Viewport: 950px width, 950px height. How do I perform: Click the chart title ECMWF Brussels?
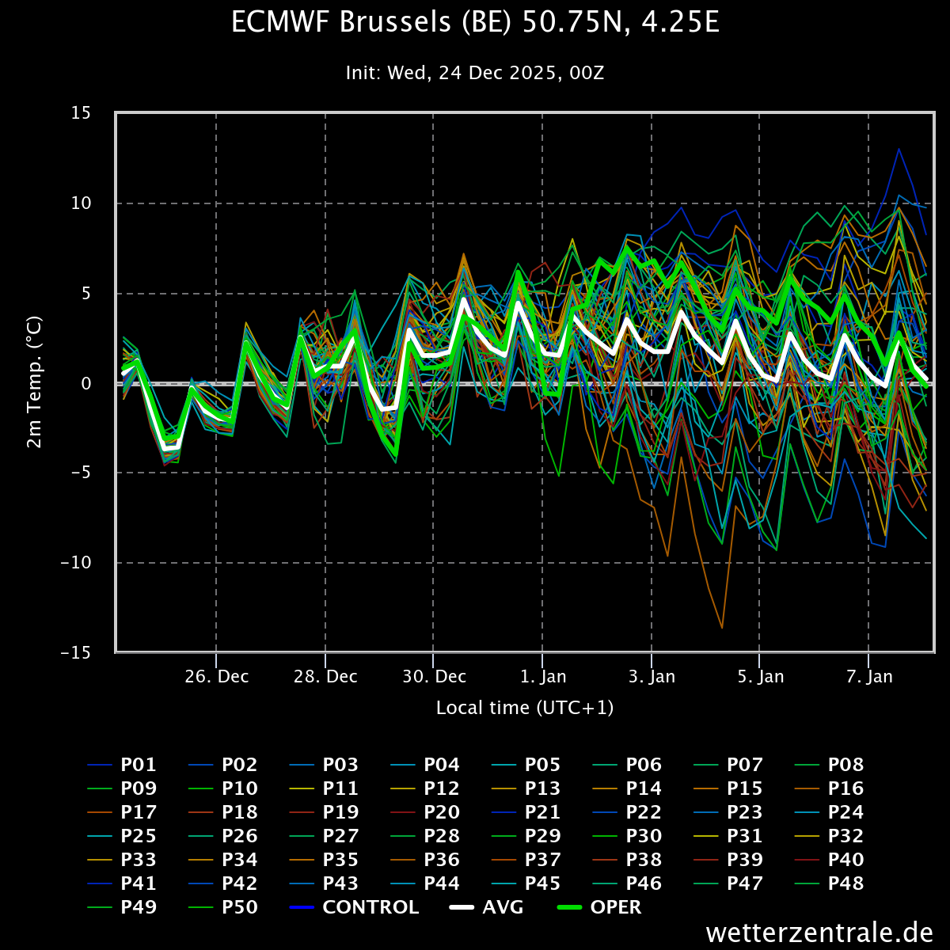click(x=475, y=23)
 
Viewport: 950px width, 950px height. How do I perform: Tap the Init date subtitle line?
click(x=475, y=73)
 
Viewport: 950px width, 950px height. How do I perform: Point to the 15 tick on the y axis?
click(x=81, y=113)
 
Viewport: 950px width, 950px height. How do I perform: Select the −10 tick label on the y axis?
click(x=76, y=563)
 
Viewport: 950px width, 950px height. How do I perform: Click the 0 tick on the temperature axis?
click(x=86, y=383)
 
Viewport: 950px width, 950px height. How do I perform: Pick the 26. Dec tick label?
click(x=216, y=676)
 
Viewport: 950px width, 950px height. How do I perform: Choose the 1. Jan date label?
click(x=543, y=676)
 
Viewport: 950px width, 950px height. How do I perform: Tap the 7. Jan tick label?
click(x=869, y=676)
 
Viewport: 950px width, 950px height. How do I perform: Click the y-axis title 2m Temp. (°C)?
click(x=34, y=382)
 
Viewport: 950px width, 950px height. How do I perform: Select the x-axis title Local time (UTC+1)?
click(x=525, y=708)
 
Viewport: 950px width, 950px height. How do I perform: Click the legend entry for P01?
click(x=122, y=765)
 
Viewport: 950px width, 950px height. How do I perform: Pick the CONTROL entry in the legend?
click(x=353, y=907)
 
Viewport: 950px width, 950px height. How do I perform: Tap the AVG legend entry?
click(x=486, y=907)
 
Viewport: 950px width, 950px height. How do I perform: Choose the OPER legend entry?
click(x=599, y=907)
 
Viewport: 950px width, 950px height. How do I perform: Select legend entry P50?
click(x=222, y=907)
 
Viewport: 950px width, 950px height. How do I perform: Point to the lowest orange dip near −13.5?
click(x=722, y=627)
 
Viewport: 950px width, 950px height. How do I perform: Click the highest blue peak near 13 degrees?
click(x=899, y=149)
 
